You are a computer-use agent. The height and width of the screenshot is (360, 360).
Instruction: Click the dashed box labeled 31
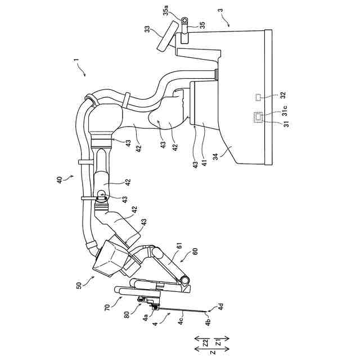(x=259, y=117)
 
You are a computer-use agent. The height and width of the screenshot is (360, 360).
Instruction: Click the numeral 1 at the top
(x=74, y=60)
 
